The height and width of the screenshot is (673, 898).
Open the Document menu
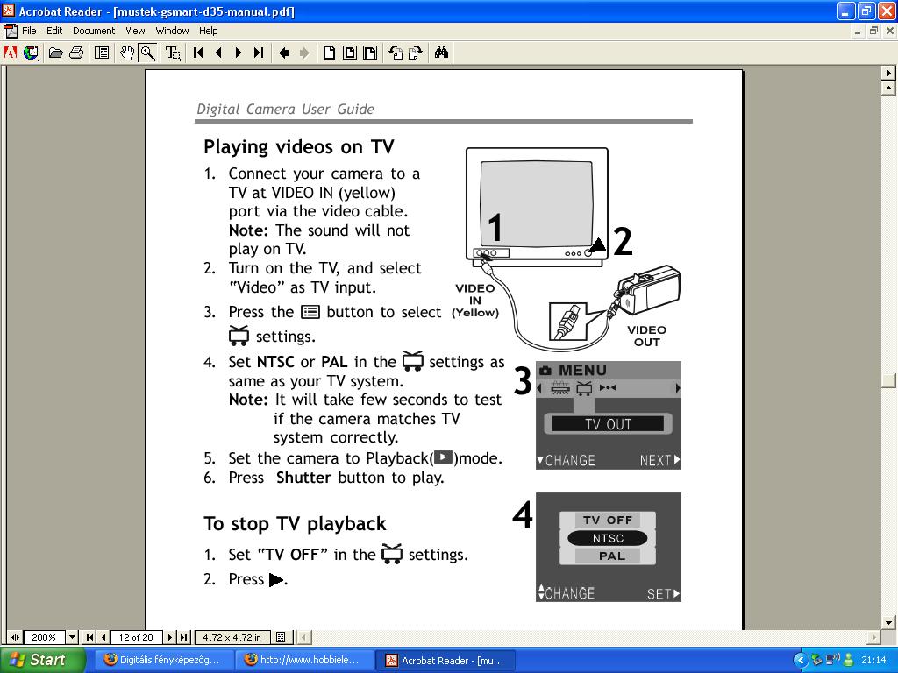[93, 31]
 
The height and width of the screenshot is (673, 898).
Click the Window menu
[172, 31]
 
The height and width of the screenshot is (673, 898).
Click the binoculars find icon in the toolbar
[441, 53]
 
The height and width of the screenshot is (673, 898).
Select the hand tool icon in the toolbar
[127, 53]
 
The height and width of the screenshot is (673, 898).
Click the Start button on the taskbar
[42, 660]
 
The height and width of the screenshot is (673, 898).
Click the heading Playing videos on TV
[299, 147]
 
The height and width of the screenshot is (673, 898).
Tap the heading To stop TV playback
[295, 524]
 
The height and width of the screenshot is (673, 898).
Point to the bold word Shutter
[303, 478]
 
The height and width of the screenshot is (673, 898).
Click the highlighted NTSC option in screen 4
[607, 539]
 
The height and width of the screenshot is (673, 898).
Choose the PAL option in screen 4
[611, 556]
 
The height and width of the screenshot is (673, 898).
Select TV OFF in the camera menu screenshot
[608, 521]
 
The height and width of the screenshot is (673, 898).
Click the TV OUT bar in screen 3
[608, 424]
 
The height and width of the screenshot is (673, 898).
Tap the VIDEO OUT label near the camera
[646, 336]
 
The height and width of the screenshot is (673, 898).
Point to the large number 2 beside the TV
[624, 242]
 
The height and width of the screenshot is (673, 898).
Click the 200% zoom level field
[44, 638]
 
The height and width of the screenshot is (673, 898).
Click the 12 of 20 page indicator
[136, 638]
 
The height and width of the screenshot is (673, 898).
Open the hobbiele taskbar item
[304, 661]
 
